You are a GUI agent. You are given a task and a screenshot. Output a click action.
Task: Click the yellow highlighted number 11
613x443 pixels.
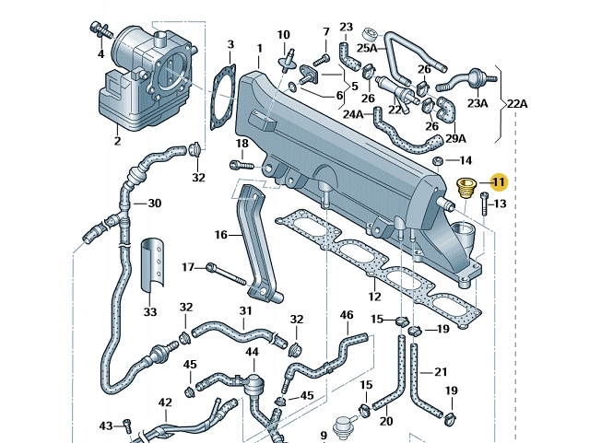click(499, 182)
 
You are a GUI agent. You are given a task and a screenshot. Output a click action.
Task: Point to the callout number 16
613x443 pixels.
click(220, 236)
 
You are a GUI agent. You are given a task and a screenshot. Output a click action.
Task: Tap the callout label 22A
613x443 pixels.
click(517, 104)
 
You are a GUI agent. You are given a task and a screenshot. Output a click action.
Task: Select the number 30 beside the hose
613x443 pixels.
click(154, 204)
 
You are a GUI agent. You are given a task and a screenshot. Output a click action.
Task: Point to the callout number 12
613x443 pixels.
click(374, 297)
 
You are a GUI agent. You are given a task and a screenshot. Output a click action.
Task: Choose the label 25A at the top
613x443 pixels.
click(367, 47)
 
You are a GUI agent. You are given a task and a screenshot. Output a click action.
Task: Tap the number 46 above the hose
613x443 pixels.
click(347, 315)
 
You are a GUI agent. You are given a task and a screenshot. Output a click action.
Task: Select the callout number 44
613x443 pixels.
click(252, 352)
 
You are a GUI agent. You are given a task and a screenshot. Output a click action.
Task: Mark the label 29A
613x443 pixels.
click(455, 138)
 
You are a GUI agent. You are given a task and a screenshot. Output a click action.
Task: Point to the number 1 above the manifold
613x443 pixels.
click(260, 47)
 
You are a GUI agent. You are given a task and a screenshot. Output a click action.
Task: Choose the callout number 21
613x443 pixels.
click(441, 372)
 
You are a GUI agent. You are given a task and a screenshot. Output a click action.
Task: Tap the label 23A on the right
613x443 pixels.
click(477, 104)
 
